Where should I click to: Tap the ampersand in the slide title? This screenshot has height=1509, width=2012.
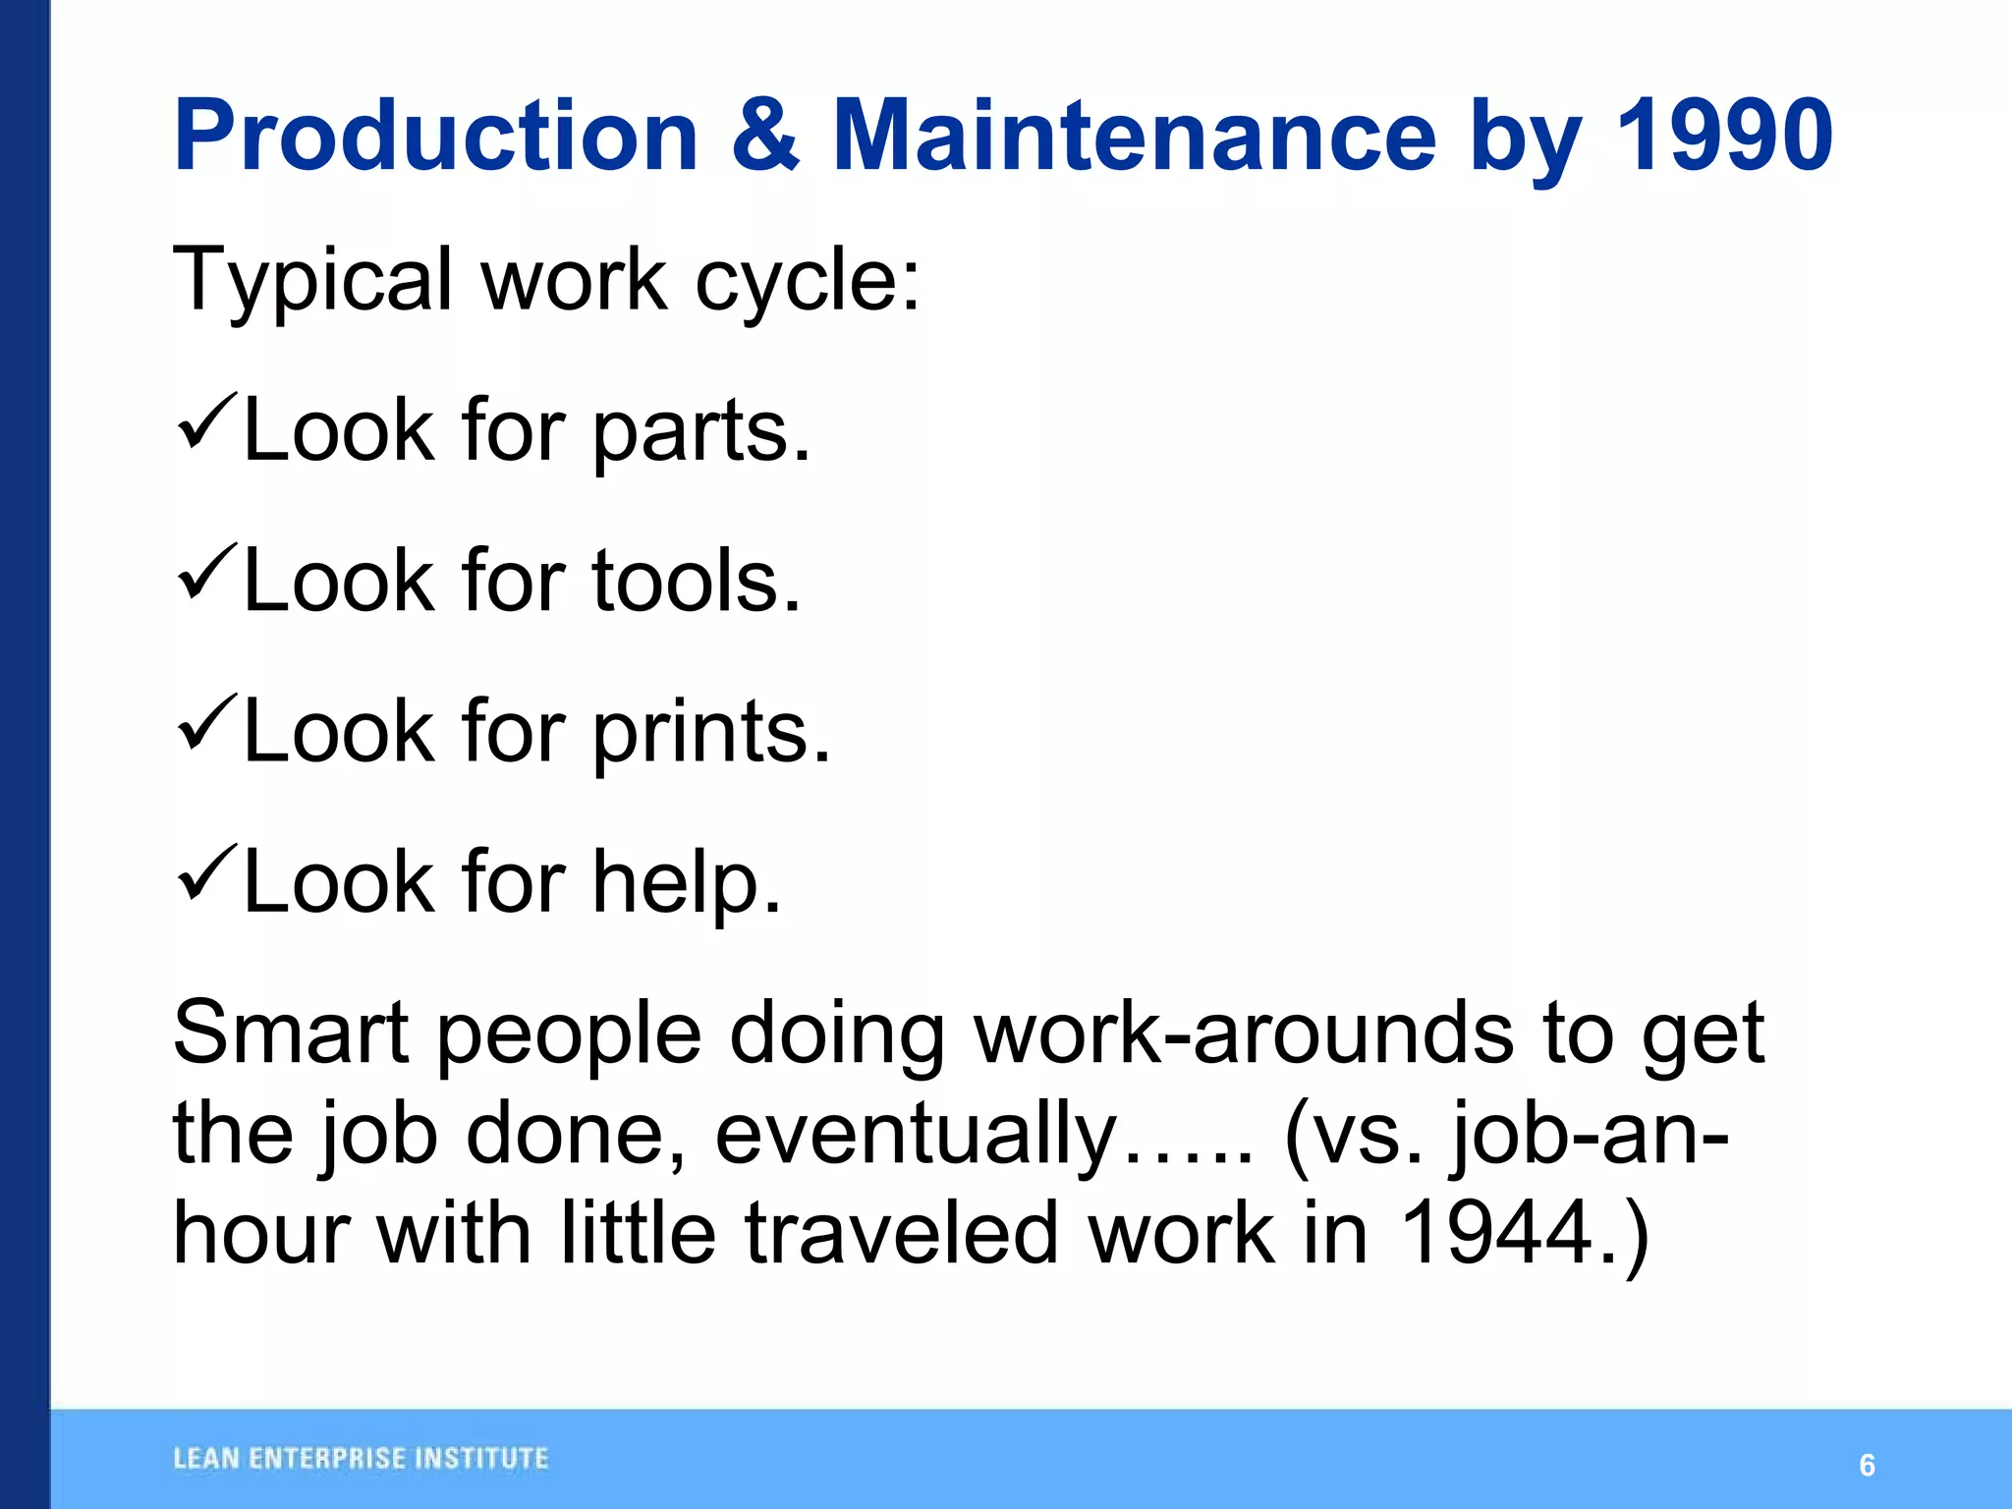point(766,135)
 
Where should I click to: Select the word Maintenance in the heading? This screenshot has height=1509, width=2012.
point(1135,135)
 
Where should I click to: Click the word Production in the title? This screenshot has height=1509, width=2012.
point(436,135)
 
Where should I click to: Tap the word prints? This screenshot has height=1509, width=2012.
point(711,735)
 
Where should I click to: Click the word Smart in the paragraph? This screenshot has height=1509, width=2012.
point(291,1033)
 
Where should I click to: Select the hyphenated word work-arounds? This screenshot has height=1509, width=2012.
point(1244,1033)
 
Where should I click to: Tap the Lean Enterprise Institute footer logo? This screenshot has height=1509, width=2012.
point(361,1459)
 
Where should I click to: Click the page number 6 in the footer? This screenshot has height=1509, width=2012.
point(1867,1466)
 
